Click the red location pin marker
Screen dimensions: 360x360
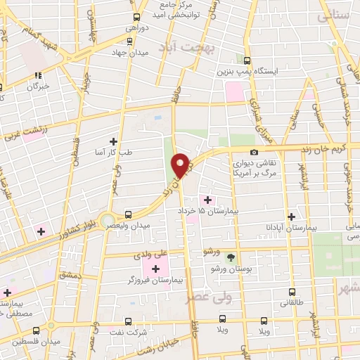[180, 165]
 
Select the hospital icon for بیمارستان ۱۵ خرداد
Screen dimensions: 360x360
[207, 200]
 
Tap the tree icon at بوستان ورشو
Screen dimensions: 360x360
[231, 257]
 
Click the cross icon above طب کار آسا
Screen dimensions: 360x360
[114, 141]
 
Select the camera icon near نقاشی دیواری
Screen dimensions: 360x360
[254, 152]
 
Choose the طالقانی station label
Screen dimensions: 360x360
[293, 303]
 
